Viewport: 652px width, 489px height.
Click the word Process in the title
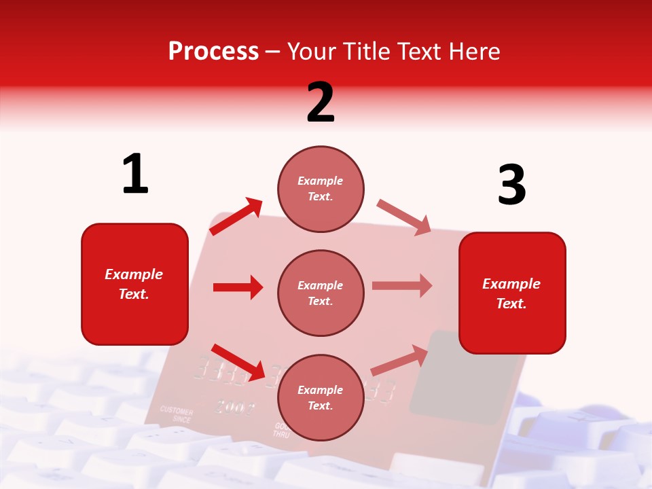coord(213,51)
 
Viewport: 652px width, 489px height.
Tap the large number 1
coord(135,175)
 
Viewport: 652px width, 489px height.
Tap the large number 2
coord(321,103)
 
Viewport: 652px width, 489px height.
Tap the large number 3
coord(511,185)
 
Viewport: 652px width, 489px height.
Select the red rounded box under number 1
coord(134,284)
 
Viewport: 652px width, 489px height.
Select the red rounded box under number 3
coord(512,293)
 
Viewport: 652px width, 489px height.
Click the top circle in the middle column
coord(321,188)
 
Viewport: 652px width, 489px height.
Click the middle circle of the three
coord(321,293)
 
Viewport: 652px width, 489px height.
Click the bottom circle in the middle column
coord(321,397)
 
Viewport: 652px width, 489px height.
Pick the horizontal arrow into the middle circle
coord(238,287)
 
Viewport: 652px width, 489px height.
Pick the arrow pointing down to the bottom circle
coord(238,362)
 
